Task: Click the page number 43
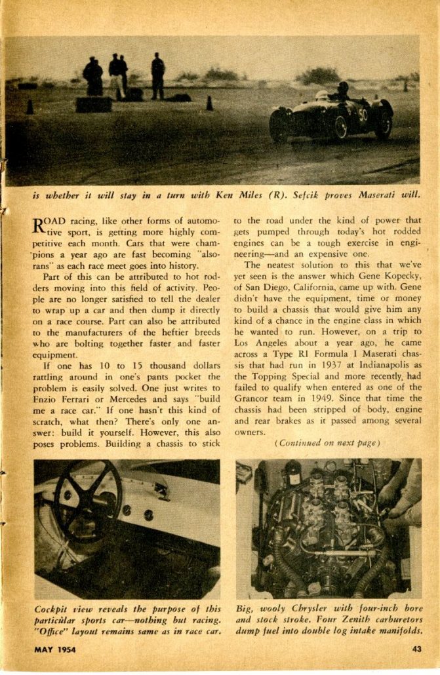pos(417,649)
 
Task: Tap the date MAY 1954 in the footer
pos(56,649)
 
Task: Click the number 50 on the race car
pos(362,115)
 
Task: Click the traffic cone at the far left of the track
pos(30,106)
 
